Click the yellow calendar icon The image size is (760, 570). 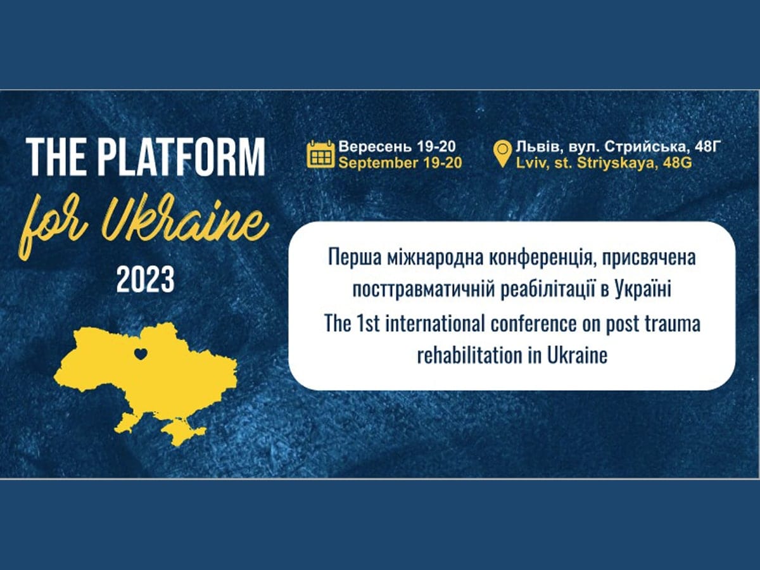click(x=320, y=155)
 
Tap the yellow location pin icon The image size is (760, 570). click(x=502, y=154)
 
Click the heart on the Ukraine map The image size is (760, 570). click(x=141, y=354)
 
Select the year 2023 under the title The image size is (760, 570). click(x=145, y=279)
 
